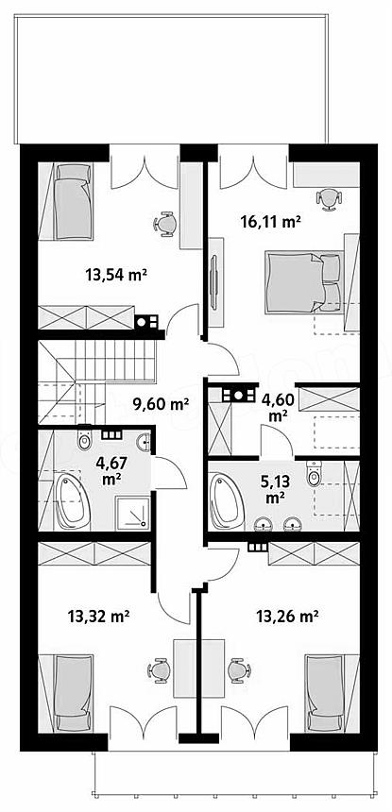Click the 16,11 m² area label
271,222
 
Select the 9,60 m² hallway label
161,403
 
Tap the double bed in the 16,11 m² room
304,282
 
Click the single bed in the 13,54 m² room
74,201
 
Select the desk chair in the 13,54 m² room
165,224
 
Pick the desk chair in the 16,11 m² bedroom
329,199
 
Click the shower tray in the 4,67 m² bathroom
133,513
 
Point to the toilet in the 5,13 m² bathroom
314,474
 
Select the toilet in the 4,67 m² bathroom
84,438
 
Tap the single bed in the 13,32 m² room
74,693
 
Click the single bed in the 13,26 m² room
324,693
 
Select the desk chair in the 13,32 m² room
159,670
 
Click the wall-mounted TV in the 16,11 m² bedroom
213,282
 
